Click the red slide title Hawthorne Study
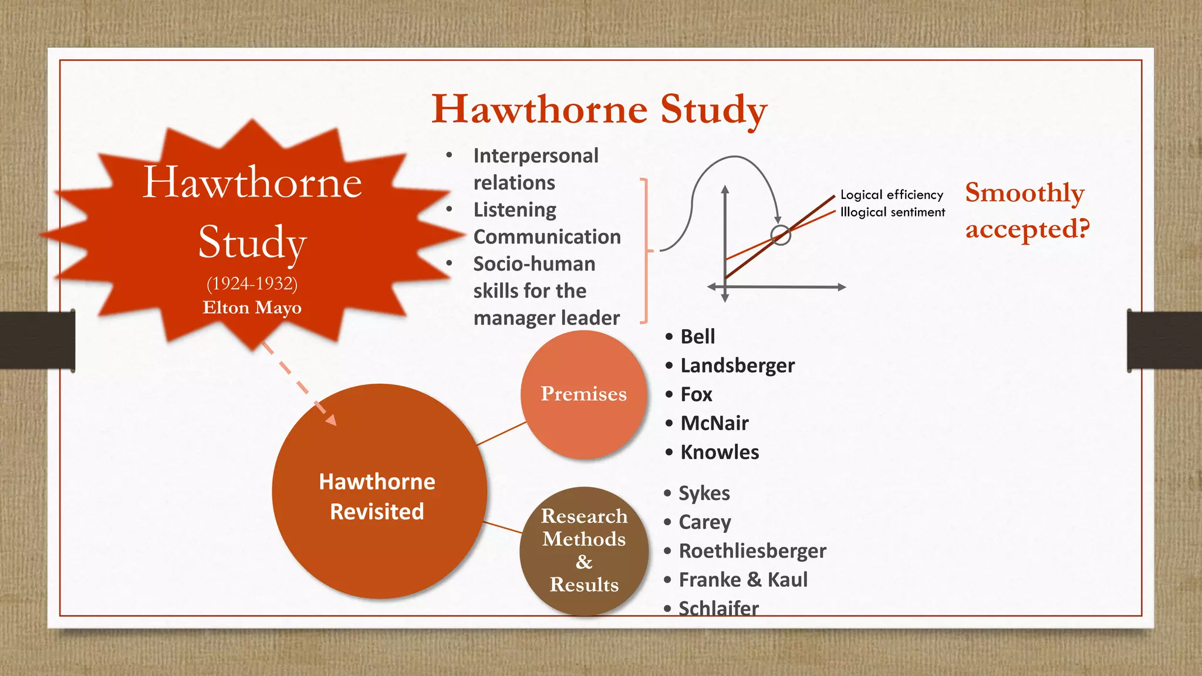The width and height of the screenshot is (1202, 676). (x=599, y=110)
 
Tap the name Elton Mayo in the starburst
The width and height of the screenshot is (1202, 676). (x=252, y=307)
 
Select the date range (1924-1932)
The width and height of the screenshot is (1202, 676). (x=252, y=283)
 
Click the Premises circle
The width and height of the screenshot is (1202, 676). (x=583, y=394)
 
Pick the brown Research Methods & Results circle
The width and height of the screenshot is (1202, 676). (x=584, y=550)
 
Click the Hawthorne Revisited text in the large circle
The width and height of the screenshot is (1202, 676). (x=377, y=496)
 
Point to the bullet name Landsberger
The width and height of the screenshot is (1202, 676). (x=737, y=366)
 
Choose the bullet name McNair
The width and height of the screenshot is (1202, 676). (x=714, y=423)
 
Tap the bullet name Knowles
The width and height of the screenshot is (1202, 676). (x=720, y=452)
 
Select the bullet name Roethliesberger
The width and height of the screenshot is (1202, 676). (x=752, y=551)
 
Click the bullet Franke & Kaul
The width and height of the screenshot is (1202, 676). (x=743, y=580)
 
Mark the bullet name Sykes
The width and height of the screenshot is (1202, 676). (x=704, y=494)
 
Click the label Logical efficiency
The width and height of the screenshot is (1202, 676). (x=892, y=195)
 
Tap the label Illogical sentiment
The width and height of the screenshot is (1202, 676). (x=892, y=212)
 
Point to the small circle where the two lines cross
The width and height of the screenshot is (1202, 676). (x=781, y=235)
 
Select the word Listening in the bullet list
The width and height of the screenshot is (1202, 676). (x=515, y=209)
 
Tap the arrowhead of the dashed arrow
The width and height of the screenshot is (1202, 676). (x=330, y=420)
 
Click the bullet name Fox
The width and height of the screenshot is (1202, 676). (x=696, y=394)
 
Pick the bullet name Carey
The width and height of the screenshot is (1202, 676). (x=704, y=522)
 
